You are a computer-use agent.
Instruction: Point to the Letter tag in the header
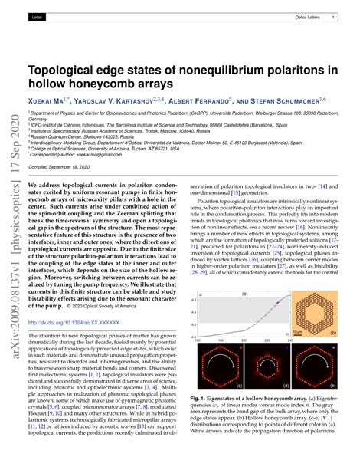tap(39, 16)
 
